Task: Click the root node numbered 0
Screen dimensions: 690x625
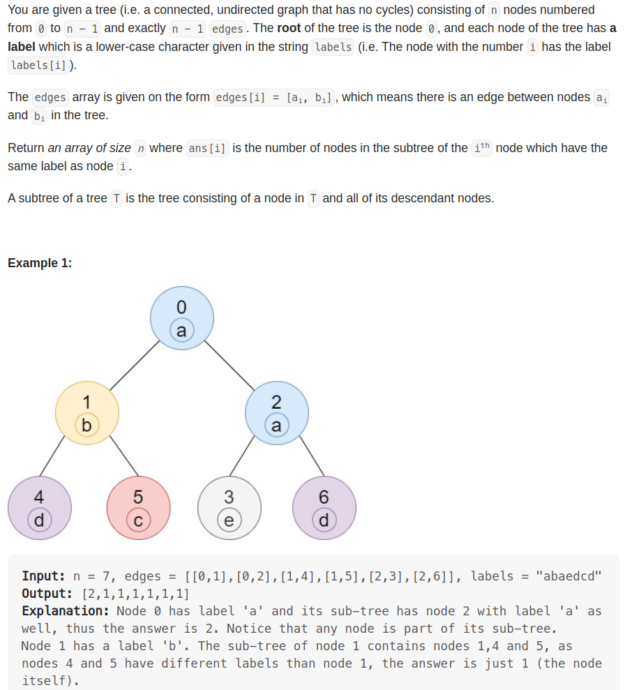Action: point(182,318)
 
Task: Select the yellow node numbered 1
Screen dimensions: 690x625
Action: point(87,413)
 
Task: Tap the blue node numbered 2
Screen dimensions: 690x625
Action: point(276,413)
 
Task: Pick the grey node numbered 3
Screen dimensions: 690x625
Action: point(229,507)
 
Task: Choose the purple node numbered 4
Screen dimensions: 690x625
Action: point(40,507)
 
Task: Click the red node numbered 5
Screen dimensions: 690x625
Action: point(138,507)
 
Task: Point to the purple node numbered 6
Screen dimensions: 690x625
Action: point(324,507)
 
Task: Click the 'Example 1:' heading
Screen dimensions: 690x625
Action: point(40,263)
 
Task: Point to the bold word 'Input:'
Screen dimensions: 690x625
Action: point(44,576)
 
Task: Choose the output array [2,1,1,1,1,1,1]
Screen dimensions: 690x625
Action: point(135,594)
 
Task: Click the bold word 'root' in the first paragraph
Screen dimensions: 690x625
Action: point(290,29)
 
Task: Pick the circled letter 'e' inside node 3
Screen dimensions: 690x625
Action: point(229,520)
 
